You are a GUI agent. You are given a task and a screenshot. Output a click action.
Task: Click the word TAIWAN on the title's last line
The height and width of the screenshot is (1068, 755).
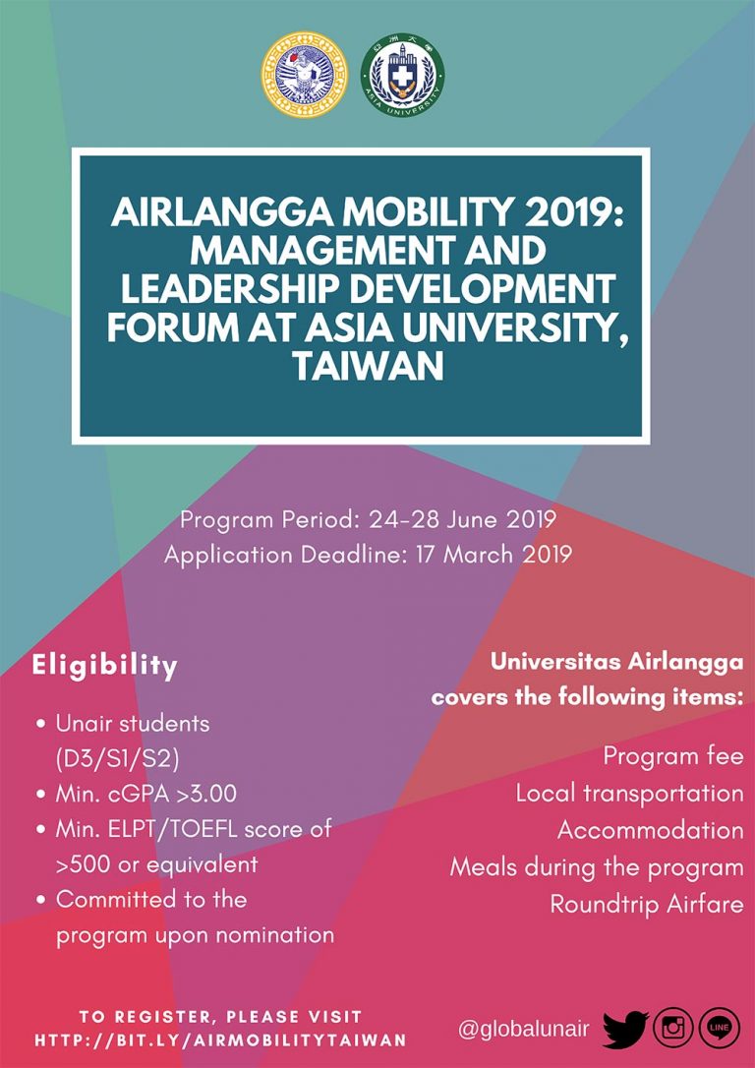368,366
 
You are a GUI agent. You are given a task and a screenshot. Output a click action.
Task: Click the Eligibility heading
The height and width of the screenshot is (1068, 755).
105,666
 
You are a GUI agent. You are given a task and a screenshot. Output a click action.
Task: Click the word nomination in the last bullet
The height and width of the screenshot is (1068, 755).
273,934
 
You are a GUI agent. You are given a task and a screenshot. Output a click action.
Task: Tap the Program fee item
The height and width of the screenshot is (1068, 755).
673,757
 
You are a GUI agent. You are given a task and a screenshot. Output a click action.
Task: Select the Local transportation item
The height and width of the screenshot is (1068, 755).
629,793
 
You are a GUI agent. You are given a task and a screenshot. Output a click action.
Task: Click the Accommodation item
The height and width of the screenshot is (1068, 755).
650,830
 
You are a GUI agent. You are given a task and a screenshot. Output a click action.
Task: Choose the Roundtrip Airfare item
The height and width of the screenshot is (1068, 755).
646,904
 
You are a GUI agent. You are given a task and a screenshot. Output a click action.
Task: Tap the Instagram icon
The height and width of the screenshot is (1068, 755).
673,1029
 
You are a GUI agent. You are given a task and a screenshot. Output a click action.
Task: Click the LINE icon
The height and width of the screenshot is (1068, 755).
719,1029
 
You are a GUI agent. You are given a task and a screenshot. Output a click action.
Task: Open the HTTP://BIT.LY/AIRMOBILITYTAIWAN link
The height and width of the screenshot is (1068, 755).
220,1039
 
